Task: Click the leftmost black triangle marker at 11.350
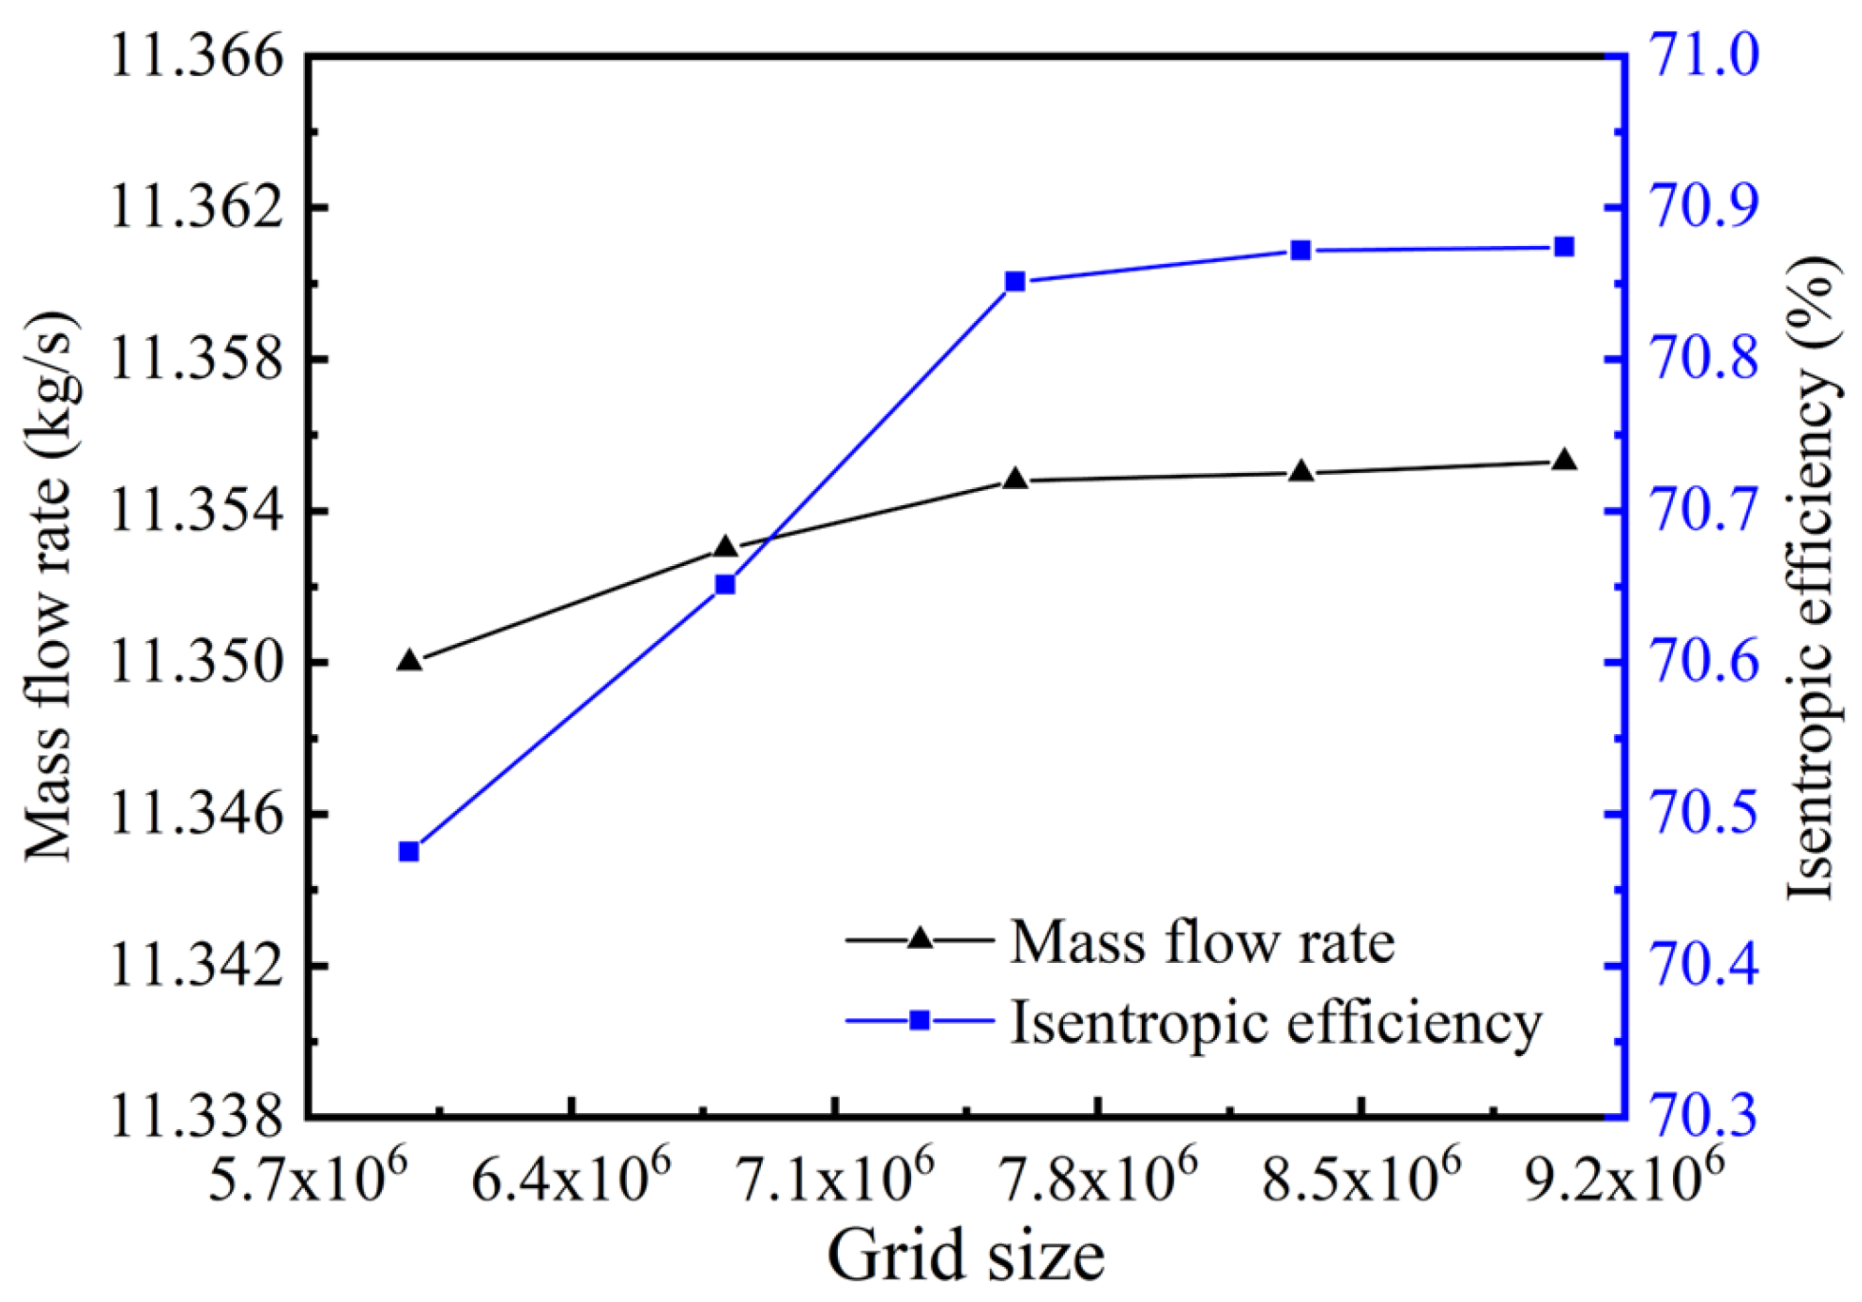pyautogui.click(x=409, y=661)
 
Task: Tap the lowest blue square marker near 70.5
pyautogui.click(x=409, y=852)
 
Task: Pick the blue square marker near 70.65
pyautogui.click(x=725, y=585)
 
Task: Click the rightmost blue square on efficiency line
pyautogui.click(x=1565, y=248)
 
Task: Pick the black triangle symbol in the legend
pyautogui.click(x=919, y=939)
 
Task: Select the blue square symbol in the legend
pyautogui.click(x=919, y=1021)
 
